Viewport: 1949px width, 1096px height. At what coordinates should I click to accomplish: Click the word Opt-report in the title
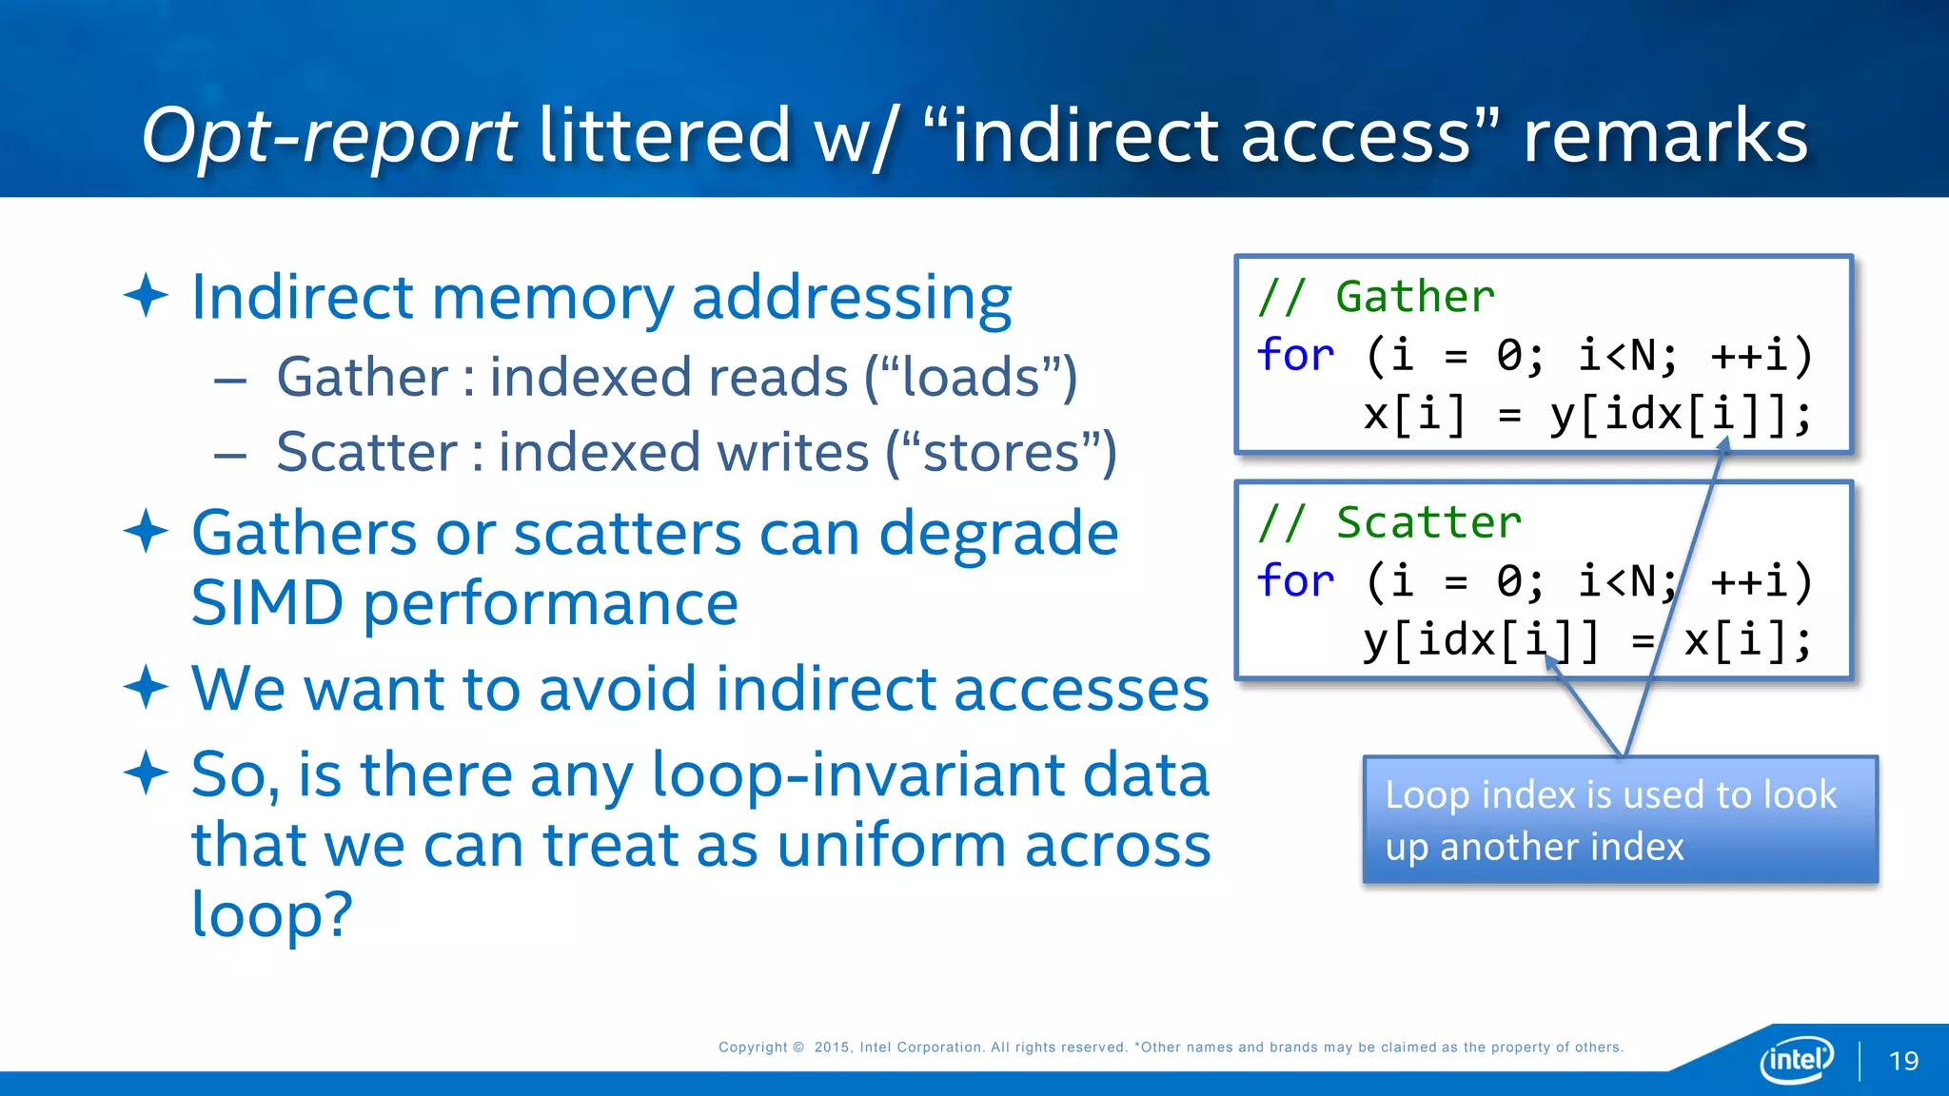(x=328, y=136)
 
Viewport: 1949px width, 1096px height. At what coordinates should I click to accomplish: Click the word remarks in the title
(x=1664, y=136)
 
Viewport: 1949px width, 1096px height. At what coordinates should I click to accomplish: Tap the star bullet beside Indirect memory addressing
(x=147, y=295)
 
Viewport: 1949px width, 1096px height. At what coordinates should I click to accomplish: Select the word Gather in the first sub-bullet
(x=362, y=377)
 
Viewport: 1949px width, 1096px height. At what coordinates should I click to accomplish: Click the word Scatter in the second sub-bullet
(x=366, y=452)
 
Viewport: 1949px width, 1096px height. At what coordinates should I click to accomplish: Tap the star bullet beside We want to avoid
(x=147, y=687)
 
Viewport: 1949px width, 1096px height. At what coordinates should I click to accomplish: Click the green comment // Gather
(x=1376, y=297)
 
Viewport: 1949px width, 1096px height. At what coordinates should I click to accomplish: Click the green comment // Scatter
(x=1389, y=522)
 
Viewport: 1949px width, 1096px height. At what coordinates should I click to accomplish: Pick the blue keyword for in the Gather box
(x=1295, y=355)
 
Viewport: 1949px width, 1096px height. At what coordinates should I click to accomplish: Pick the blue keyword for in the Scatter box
(x=1295, y=580)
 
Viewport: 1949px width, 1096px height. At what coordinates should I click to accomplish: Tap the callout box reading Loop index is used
(x=1620, y=820)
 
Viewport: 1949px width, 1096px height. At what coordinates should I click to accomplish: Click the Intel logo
(x=1796, y=1059)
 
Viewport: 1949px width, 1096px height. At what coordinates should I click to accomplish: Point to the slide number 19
(x=1903, y=1061)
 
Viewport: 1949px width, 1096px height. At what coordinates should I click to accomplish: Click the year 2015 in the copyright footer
(x=832, y=1047)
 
